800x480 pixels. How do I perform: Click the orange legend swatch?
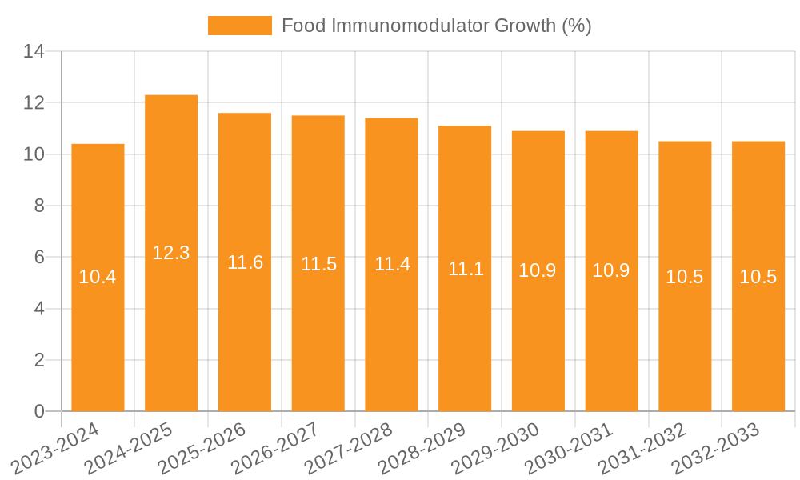tap(239, 26)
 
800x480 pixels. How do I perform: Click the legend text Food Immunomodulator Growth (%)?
tap(436, 26)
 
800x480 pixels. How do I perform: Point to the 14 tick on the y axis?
tap(34, 52)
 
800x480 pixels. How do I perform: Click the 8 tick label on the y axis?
tap(38, 206)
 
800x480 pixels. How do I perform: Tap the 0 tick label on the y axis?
tap(38, 412)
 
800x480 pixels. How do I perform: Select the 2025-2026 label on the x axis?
tap(202, 447)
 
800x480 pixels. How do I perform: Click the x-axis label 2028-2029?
tap(422, 447)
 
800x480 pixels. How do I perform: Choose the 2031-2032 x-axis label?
tap(642, 447)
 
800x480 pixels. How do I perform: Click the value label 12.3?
tap(171, 253)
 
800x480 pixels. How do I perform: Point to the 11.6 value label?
tap(245, 262)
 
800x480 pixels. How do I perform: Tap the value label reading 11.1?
tap(465, 269)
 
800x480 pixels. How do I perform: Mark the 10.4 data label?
tap(98, 278)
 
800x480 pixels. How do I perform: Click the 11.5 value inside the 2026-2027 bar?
tap(318, 264)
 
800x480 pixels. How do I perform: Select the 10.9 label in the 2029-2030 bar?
tap(538, 270)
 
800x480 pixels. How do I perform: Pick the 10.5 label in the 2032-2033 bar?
tap(758, 277)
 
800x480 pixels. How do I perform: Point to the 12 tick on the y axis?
tap(34, 103)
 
